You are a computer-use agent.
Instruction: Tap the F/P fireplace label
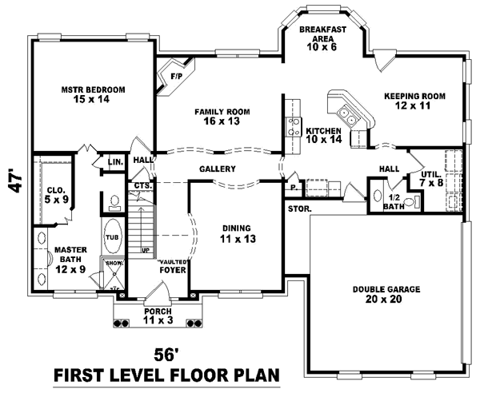[x=177, y=77]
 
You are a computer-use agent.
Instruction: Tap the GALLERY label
[x=217, y=169]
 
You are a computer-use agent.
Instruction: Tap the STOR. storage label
[x=299, y=208]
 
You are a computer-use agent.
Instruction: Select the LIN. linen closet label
[x=115, y=162]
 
